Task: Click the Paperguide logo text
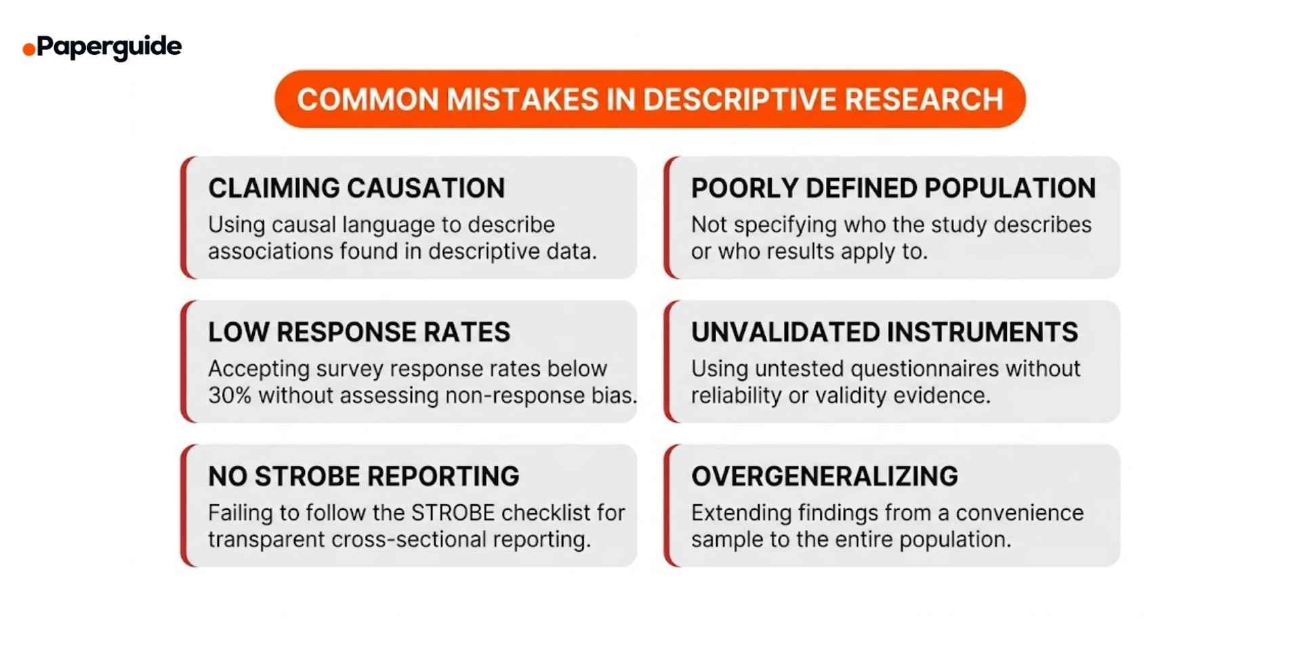click(x=108, y=47)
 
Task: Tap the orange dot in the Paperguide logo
click(x=28, y=49)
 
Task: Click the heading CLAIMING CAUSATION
click(x=356, y=188)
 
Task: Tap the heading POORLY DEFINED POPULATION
click(x=893, y=188)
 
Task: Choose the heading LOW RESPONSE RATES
click(x=359, y=332)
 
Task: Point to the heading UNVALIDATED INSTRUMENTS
click(x=884, y=332)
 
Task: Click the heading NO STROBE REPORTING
click(x=364, y=477)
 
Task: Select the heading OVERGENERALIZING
click(x=825, y=477)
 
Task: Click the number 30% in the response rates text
click(x=230, y=395)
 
